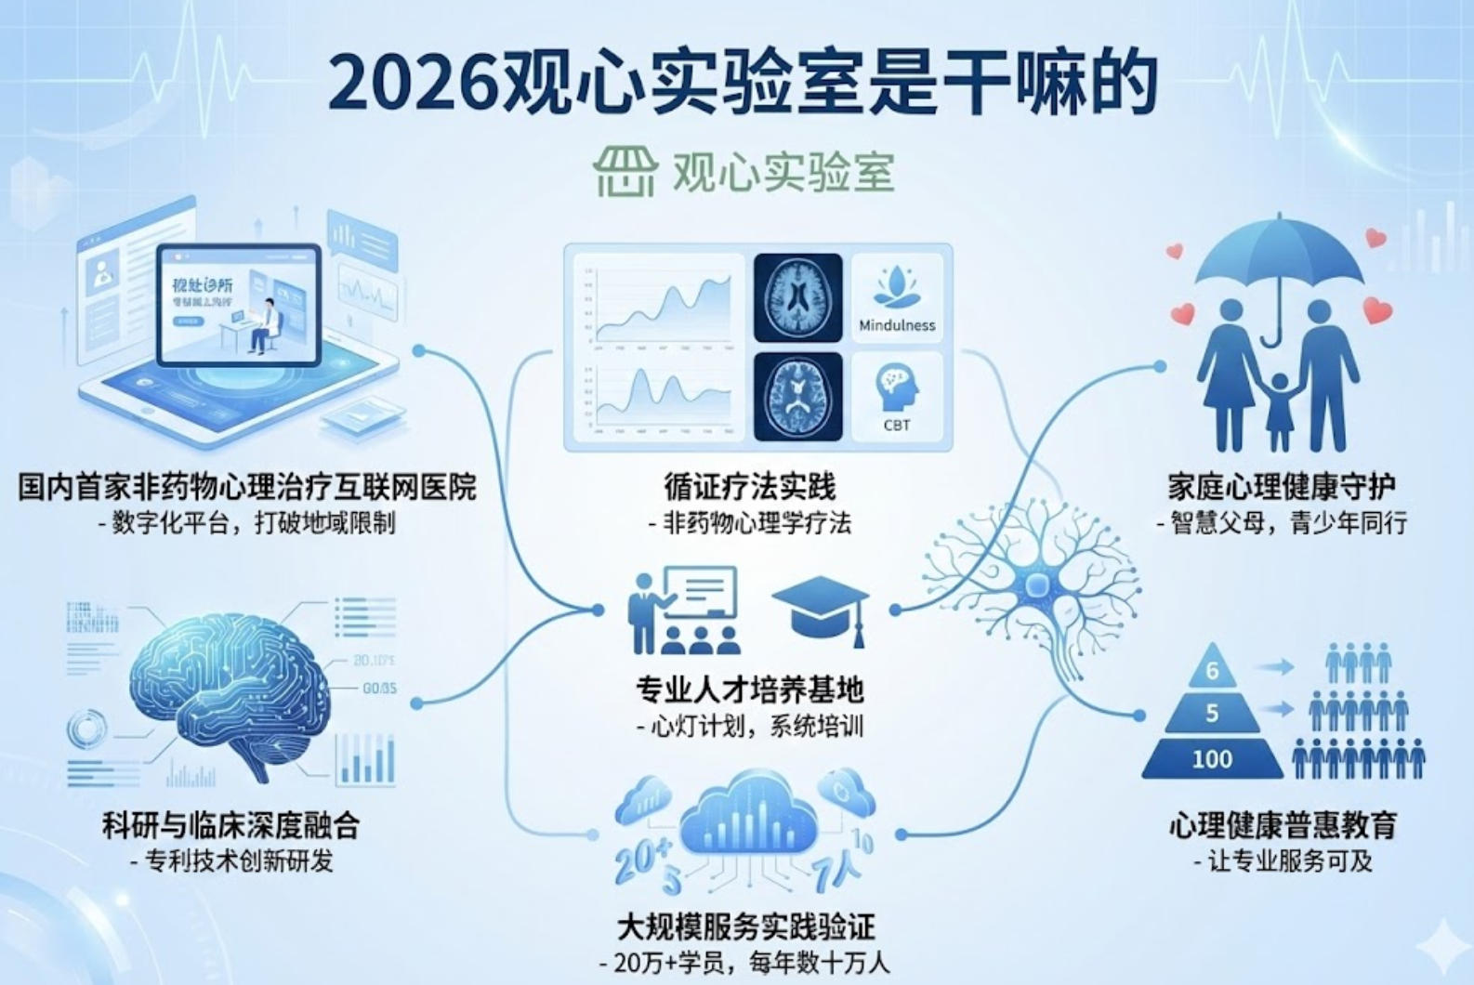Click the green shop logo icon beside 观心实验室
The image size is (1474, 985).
coord(625,171)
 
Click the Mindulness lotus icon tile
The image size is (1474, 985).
coord(897,296)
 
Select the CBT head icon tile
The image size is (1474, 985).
coord(897,398)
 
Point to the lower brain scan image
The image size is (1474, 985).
coord(797,397)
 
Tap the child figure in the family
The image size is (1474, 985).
coord(1279,409)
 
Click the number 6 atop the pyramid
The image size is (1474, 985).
coord(1212,670)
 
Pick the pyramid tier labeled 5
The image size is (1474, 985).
coord(1212,714)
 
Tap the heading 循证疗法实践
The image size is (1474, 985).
coord(749,487)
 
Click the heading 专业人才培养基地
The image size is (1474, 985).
coord(749,689)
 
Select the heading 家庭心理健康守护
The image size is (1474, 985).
coord(1282,487)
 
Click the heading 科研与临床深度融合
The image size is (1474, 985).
coord(230,825)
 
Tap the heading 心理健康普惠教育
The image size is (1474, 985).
coord(1283,825)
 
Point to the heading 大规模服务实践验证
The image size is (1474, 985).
coord(746,926)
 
